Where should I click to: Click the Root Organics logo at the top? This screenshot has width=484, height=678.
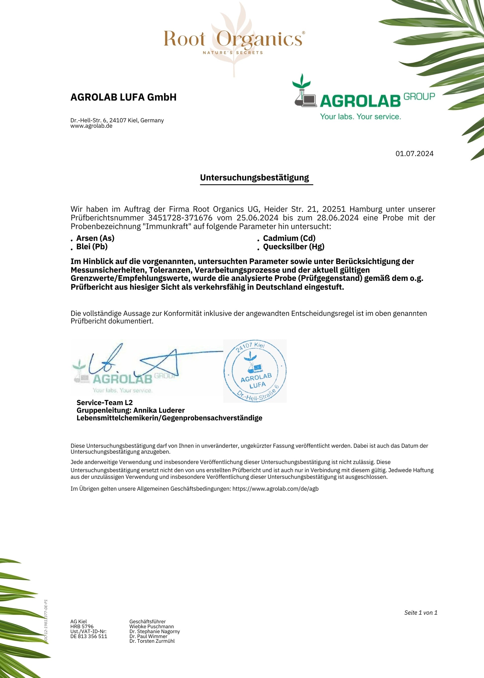pyautogui.click(x=234, y=40)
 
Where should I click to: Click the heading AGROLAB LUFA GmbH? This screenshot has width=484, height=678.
pyautogui.click(x=123, y=97)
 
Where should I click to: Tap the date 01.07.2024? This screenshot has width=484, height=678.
pyautogui.click(x=414, y=154)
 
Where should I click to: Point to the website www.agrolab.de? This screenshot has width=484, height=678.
pyautogui.click(x=91, y=126)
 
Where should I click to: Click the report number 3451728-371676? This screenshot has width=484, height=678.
pyautogui.click(x=180, y=218)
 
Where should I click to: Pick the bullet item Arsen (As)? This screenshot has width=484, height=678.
pyautogui.click(x=95, y=238)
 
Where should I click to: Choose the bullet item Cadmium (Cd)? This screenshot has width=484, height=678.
pyautogui.click(x=289, y=238)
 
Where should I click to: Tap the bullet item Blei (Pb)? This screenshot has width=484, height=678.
pyautogui.click(x=92, y=247)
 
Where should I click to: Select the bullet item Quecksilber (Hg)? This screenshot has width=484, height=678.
pyautogui.click(x=293, y=247)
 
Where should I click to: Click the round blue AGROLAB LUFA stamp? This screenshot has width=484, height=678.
pyautogui.click(x=255, y=371)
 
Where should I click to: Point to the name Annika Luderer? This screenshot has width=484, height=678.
pyautogui.click(x=159, y=410)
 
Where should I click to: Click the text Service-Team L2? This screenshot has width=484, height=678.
pyautogui.click(x=105, y=403)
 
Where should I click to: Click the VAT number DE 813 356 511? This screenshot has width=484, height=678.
pyautogui.click(x=89, y=636)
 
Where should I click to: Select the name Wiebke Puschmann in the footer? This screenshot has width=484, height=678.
pyautogui.click(x=151, y=626)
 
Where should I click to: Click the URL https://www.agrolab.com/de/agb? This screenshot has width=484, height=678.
pyautogui.click(x=275, y=489)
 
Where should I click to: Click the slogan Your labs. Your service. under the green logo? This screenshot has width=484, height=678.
pyautogui.click(x=360, y=117)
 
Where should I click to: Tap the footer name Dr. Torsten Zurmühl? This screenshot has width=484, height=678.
pyautogui.click(x=152, y=641)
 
